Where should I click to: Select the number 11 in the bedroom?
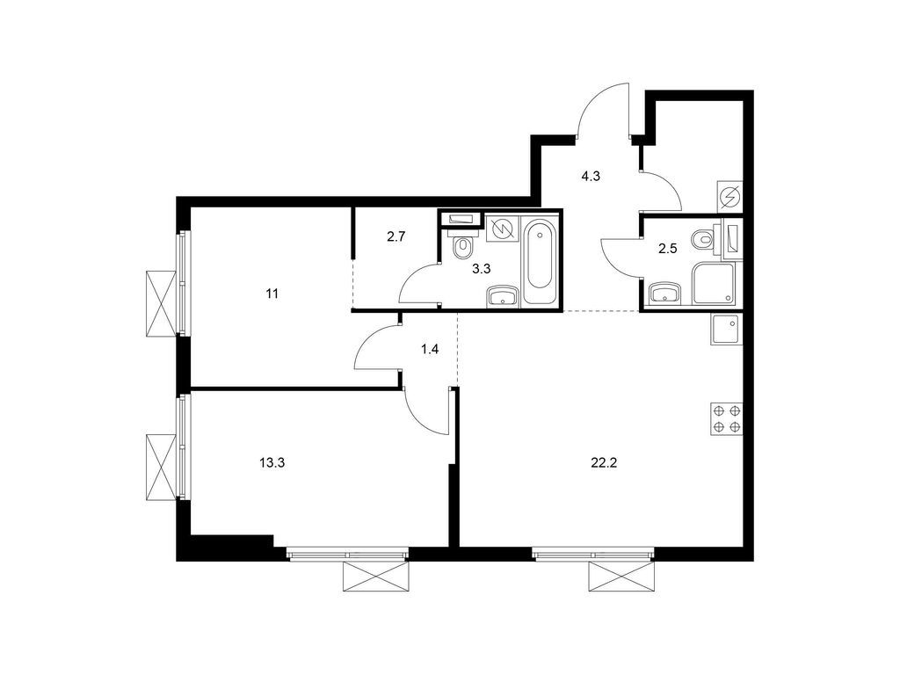(x=272, y=294)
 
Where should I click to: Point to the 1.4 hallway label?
(x=429, y=350)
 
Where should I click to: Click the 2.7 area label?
(x=396, y=236)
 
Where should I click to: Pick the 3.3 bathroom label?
(x=481, y=270)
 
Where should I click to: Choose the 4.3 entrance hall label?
(x=591, y=176)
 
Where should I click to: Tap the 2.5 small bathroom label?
(x=669, y=250)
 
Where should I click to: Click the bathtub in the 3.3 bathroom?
(x=538, y=261)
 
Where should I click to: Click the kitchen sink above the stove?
(x=727, y=329)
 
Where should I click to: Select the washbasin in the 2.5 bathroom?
(x=664, y=292)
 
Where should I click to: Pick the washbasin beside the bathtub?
(x=502, y=295)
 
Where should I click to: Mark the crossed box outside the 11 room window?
(x=160, y=301)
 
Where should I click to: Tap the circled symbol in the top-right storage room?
(x=729, y=196)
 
